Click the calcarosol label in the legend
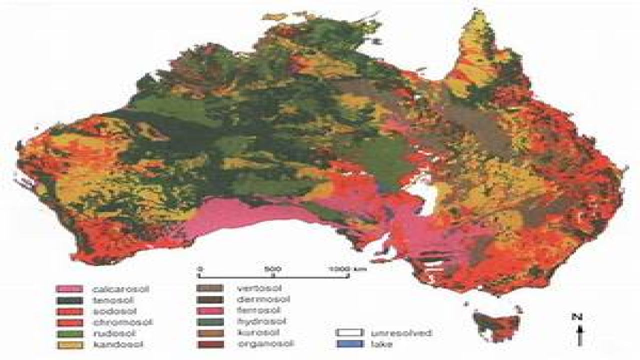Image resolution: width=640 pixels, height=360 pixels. [121, 289]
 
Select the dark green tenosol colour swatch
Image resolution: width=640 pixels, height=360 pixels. [69, 300]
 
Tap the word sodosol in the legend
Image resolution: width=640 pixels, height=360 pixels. [115, 311]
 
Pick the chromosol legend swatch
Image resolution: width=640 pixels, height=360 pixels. [69, 322]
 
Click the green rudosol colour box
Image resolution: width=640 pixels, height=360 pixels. [69, 333]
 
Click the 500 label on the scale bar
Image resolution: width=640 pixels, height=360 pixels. [273, 268]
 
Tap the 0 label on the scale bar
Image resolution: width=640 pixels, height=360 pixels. [200, 268]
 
